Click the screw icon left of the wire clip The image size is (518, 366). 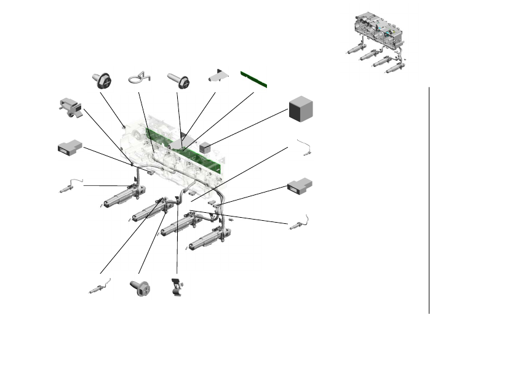click(x=104, y=79)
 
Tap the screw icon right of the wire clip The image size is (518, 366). click(x=177, y=79)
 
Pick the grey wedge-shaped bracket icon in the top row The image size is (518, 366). click(x=218, y=76)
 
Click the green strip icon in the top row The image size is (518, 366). click(x=253, y=79)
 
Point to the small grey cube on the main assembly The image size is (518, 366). click(x=205, y=147)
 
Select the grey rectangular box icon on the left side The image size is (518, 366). click(x=69, y=148)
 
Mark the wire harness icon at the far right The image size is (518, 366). click(x=299, y=223)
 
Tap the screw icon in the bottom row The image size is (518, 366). click(x=140, y=287)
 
